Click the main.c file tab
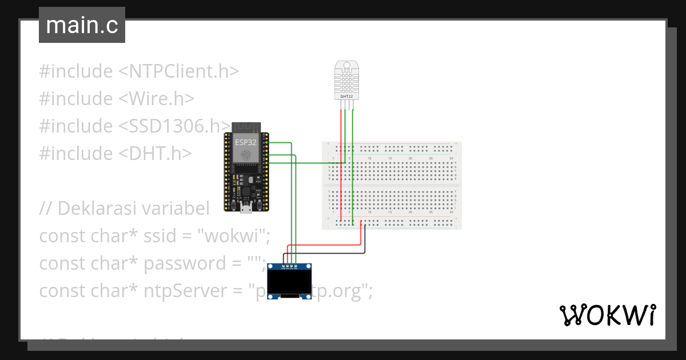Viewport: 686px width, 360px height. [x=82, y=25]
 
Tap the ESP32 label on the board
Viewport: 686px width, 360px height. [x=245, y=142]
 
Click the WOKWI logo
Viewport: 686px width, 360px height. [x=607, y=315]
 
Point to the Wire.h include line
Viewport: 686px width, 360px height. [x=117, y=99]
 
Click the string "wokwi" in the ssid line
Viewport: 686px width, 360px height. [x=236, y=236]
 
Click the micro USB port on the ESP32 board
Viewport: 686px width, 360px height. [x=245, y=209]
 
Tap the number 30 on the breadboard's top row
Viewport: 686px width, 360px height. [x=451, y=158]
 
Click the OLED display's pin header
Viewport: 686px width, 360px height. [x=290, y=266]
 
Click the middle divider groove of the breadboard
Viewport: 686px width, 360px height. [x=392, y=185]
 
